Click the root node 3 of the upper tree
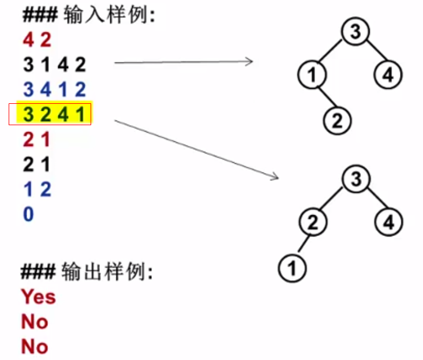click(355, 32)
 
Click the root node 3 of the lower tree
click(355, 179)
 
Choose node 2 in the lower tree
click(312, 223)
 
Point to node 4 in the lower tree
click(389, 223)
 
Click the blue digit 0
click(28, 215)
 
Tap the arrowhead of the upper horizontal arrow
click(250, 61)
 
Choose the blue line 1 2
click(37, 189)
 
